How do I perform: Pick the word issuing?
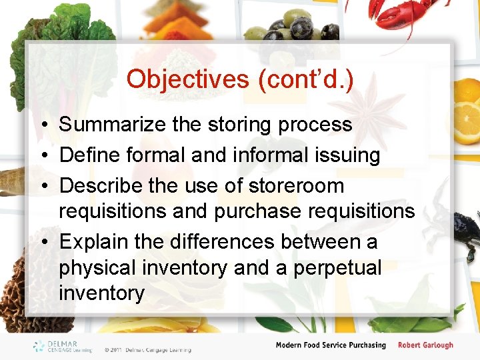point(351,155)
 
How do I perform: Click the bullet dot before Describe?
point(42,186)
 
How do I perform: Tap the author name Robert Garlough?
point(425,345)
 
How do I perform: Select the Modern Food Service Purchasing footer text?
point(331,345)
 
